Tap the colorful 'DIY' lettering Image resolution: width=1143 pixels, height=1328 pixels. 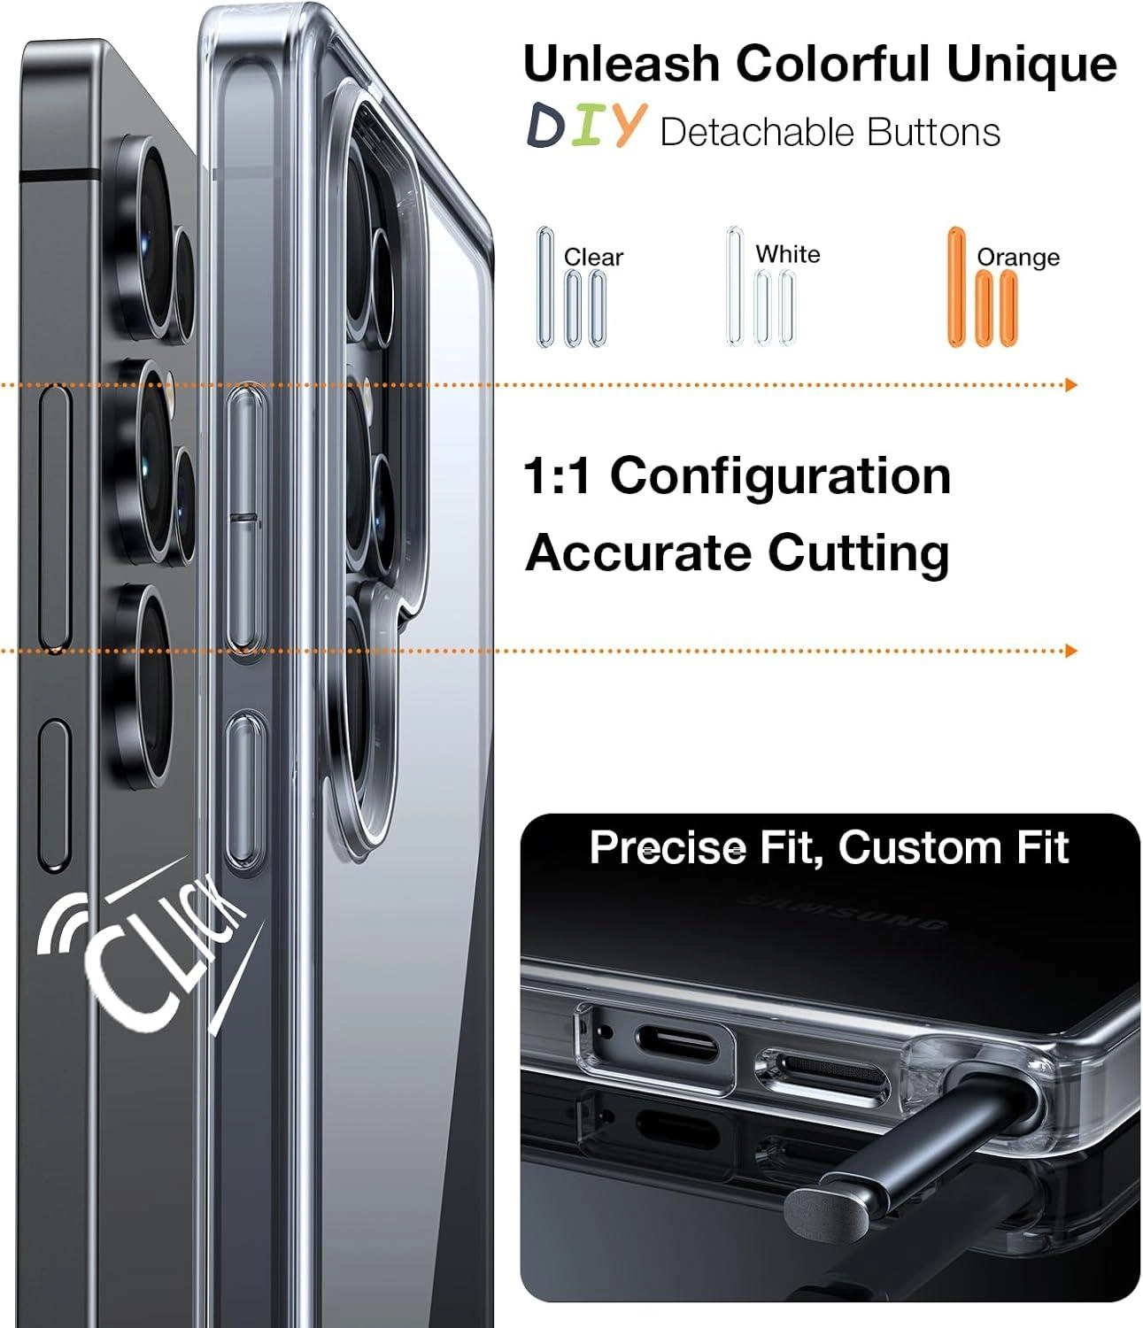[x=585, y=126]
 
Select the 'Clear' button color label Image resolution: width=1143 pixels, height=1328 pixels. [x=593, y=257]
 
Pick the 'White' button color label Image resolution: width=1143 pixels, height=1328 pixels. [x=788, y=254]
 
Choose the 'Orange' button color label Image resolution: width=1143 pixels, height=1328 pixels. [x=1017, y=257]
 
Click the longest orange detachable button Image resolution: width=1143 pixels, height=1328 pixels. [x=957, y=287]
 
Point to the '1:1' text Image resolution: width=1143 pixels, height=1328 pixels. [x=556, y=476]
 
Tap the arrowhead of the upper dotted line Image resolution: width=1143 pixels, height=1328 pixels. [x=1071, y=385]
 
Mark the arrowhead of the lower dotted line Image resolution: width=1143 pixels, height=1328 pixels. [x=1071, y=651]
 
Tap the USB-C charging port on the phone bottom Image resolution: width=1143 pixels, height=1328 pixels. [x=677, y=1044]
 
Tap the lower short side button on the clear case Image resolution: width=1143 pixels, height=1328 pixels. [x=245, y=791]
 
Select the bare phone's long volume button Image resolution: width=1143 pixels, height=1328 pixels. [x=55, y=518]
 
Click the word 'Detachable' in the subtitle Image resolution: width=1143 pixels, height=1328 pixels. [x=757, y=132]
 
